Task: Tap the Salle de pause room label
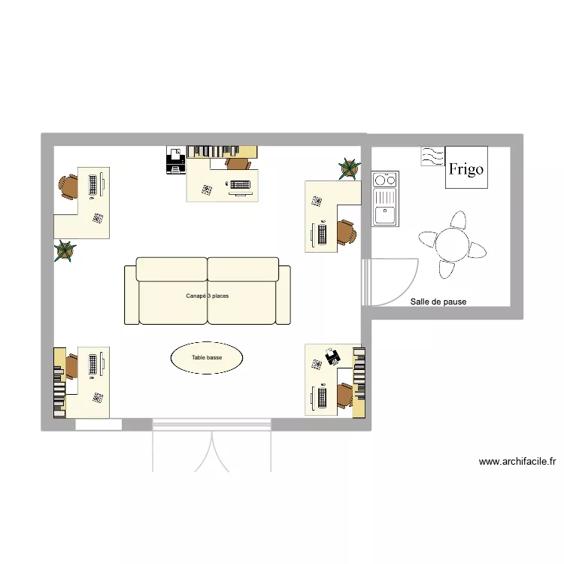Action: pos(438,302)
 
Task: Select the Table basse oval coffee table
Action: pos(207,358)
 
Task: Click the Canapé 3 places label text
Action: pos(208,296)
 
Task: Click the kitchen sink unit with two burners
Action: pos(386,199)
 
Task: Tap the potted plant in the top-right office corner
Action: pos(347,169)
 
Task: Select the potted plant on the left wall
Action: pos(65,251)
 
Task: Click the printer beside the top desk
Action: pos(176,160)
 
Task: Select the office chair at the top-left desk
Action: pos(68,186)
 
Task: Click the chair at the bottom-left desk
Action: pos(71,366)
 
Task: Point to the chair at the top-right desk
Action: pos(345,232)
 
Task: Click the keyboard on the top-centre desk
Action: pos(241,185)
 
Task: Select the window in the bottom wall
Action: pos(99,425)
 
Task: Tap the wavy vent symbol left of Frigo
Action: pos(432,156)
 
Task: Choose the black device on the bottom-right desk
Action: pos(332,354)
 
